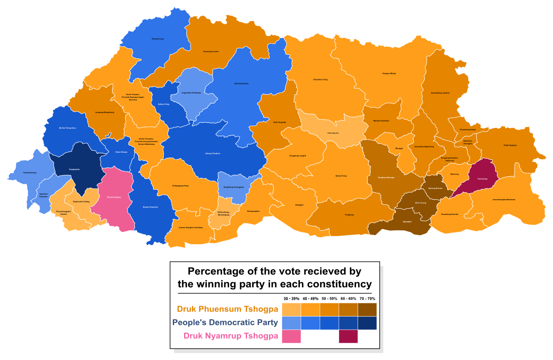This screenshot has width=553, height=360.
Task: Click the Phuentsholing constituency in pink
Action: [114, 197]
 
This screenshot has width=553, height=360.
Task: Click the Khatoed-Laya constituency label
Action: [158, 39]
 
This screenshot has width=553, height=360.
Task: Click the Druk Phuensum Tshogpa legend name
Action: [227, 309]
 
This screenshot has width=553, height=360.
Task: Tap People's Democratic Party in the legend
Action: [225, 322]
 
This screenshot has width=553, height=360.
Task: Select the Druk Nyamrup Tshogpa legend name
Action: [231, 336]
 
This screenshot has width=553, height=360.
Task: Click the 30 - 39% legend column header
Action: [291, 299]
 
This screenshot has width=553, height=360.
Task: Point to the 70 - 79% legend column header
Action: [367, 299]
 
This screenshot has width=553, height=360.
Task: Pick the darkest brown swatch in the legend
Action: [367, 309]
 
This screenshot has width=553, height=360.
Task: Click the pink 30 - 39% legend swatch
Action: [291, 336]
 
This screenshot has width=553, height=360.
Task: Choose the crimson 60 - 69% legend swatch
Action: [348, 336]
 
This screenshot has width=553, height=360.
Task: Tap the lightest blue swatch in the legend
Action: [291, 323]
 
